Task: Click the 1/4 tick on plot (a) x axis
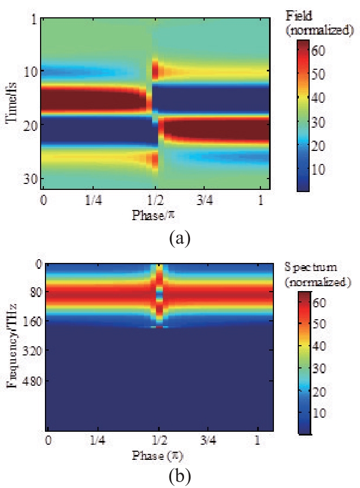point(93,200)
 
